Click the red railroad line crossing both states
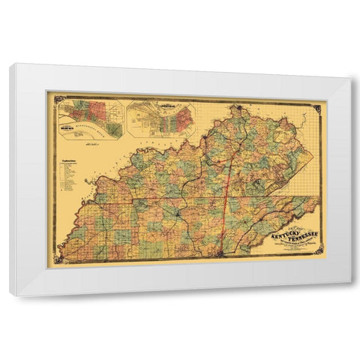tap(226, 187)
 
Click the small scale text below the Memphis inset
tap(93, 144)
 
